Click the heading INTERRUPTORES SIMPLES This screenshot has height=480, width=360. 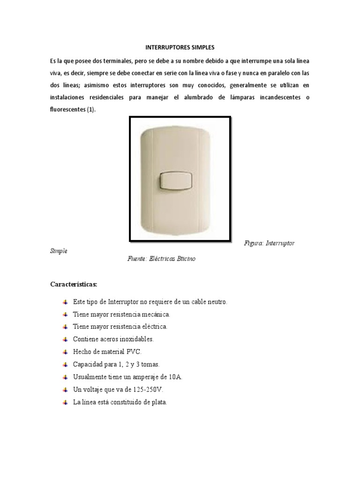180,48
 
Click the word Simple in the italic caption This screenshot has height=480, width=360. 59,251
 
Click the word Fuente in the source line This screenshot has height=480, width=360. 137,259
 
